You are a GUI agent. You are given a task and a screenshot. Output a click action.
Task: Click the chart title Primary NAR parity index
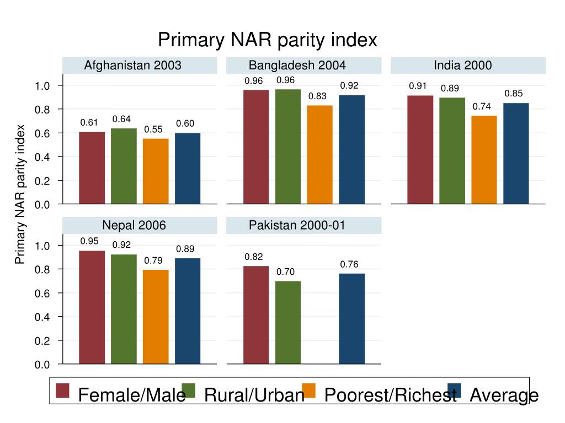coord(268,40)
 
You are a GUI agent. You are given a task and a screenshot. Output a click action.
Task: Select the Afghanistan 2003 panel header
coord(132,66)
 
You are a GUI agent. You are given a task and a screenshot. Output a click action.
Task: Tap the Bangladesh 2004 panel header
coord(297,66)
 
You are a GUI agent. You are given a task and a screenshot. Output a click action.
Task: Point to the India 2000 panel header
coord(462,66)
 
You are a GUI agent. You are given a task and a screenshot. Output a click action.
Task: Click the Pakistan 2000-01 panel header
coord(297,225)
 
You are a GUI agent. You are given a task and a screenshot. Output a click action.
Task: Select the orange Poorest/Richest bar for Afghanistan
coord(156,171)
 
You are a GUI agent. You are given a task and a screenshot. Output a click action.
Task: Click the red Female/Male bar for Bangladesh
coord(256,147)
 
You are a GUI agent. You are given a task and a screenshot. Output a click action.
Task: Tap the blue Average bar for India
coord(516,154)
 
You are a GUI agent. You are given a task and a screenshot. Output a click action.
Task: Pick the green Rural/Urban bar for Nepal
coord(124,309)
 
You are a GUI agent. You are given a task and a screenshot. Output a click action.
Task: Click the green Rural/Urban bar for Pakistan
coord(288,322)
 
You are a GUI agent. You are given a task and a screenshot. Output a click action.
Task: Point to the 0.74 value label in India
coord(482,106)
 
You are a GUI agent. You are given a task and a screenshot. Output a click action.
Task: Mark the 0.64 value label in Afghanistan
coord(121,119)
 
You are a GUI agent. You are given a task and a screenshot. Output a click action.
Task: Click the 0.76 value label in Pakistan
coord(349,264)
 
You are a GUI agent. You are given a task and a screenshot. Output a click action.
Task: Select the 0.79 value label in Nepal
coord(153,261)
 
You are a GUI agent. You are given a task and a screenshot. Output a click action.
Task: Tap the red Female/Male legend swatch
coord(63,390)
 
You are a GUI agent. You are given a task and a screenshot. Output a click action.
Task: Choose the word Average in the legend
coord(504,395)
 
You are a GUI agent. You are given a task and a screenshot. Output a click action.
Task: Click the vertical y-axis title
coord(20,194)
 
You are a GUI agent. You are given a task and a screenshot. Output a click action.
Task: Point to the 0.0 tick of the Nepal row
coord(42,365)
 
